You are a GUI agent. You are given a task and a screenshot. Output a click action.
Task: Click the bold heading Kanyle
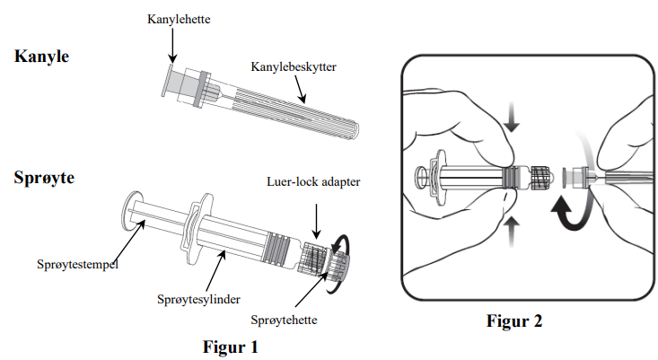point(41,56)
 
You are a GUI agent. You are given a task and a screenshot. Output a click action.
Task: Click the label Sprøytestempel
point(76,265)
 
